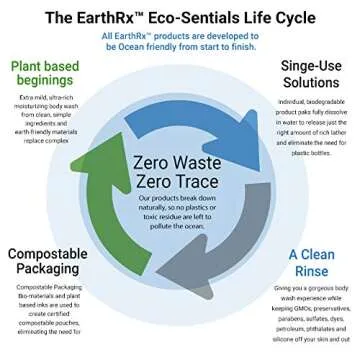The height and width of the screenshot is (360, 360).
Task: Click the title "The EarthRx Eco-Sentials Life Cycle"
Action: tap(180, 16)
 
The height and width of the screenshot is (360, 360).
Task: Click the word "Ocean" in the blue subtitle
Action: tap(152, 46)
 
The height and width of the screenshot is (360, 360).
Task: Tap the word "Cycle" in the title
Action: tap(307, 16)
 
